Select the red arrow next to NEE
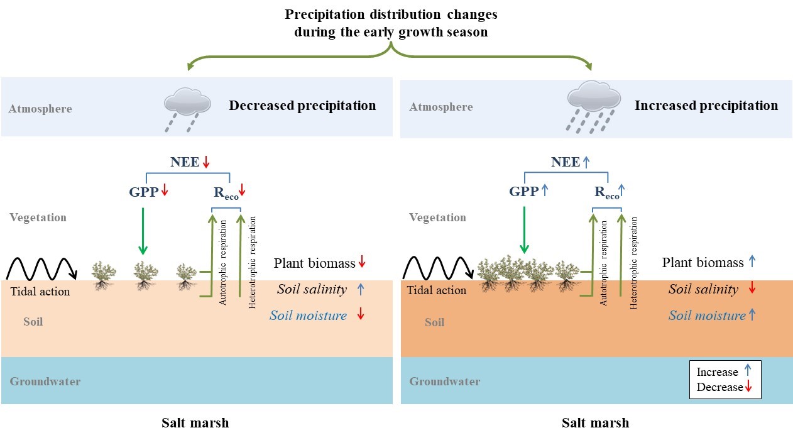pyautogui.click(x=205, y=162)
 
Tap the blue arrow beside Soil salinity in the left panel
pyautogui.click(x=360, y=290)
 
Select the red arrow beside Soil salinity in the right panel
pyautogui.click(x=752, y=289)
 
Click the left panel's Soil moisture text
pyautogui.click(x=308, y=316)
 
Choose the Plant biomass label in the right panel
pyautogui.click(x=703, y=263)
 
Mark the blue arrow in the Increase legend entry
pyautogui.click(x=747, y=371)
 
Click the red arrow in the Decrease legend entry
pyautogui.click(x=748, y=387)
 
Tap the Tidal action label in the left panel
pyautogui.click(x=40, y=291)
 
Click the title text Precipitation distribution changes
pyautogui.click(x=391, y=14)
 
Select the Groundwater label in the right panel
pyautogui.click(x=445, y=381)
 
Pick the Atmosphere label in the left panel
pyautogui.click(x=40, y=109)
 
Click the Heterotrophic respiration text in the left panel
pyautogui.click(x=253, y=261)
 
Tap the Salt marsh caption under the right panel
pyautogui.click(x=595, y=422)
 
